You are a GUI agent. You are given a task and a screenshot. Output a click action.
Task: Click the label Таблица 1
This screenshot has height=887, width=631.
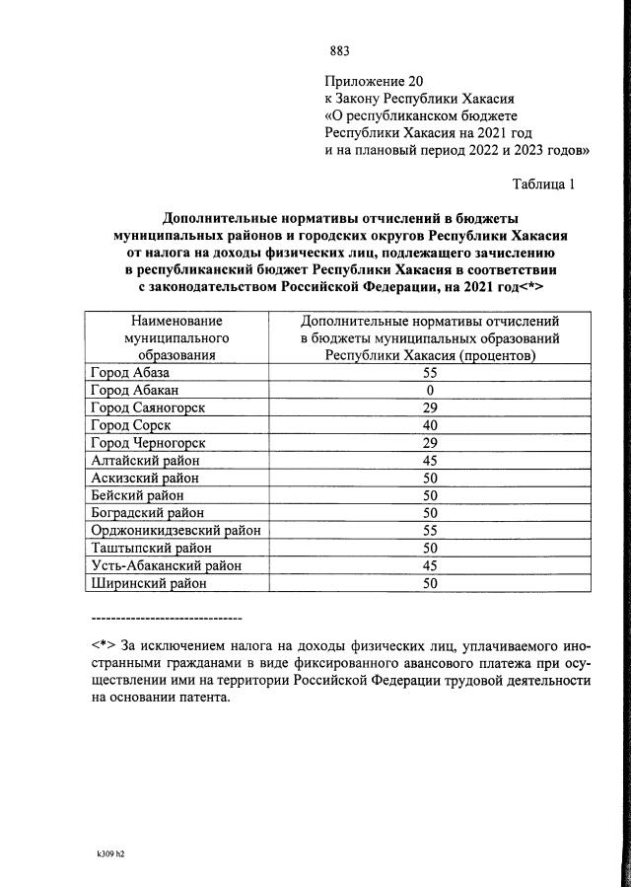[x=542, y=185]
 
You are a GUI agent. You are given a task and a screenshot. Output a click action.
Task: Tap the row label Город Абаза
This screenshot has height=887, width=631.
[x=130, y=373]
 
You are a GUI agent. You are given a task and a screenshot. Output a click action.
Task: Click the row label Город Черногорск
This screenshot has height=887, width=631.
[x=148, y=443]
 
